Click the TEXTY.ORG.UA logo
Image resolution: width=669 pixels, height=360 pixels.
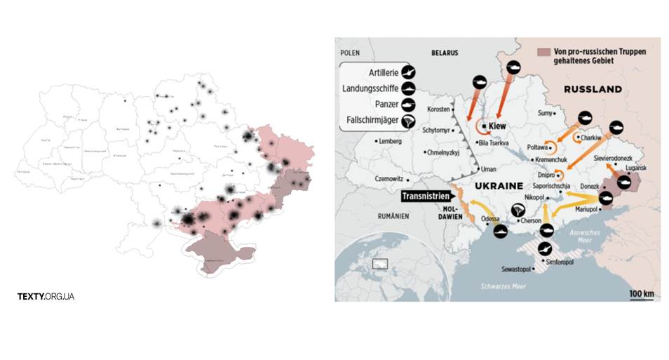pos(46,296)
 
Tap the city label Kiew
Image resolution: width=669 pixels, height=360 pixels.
pos(496,127)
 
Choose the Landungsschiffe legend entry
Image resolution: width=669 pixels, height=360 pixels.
pos(379,88)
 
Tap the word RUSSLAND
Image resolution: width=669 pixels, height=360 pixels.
pos(593,89)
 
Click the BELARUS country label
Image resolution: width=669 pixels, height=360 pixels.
pos(445,53)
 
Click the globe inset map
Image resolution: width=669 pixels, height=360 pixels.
pos(382,265)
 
